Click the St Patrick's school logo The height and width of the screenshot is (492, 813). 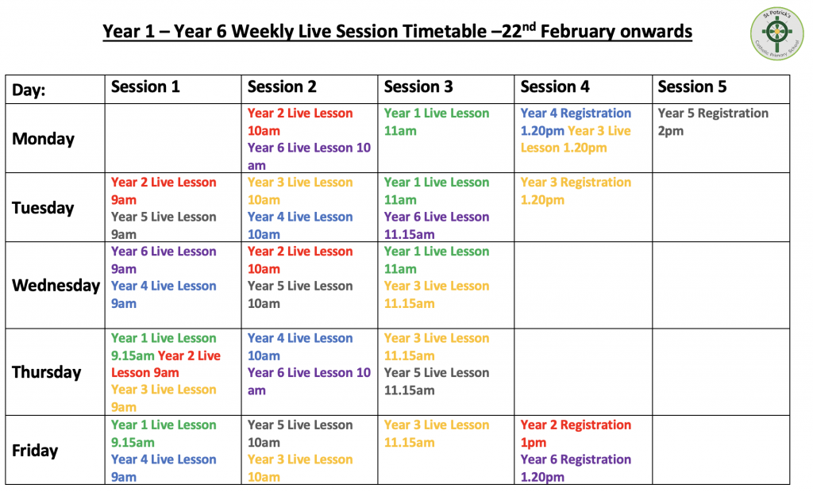coord(776,33)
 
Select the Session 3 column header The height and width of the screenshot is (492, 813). coord(418,86)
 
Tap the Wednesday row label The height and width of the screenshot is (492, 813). coord(56,285)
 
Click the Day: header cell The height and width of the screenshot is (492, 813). coord(29,90)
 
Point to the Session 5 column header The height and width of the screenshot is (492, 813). coord(692,86)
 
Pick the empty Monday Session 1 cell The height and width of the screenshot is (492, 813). coord(173,138)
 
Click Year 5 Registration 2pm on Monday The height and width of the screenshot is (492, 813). coord(713,122)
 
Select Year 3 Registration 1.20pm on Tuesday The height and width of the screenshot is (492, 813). coord(576,190)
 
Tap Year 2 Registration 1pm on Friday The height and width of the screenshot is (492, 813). coord(576,433)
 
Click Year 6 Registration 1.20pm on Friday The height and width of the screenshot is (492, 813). coord(576,468)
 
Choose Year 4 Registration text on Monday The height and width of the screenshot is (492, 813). coord(576,113)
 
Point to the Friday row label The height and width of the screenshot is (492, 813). coord(35,450)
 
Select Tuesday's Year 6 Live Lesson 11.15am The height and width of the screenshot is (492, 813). coord(437,225)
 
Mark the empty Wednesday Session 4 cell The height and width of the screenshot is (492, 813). coord(584,285)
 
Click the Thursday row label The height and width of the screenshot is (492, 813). coord(47,372)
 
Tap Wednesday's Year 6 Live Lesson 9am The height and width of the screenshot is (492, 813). coord(164,260)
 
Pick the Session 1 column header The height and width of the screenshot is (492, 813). coord(145,86)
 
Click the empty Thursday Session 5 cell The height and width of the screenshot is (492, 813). coord(721,371)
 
